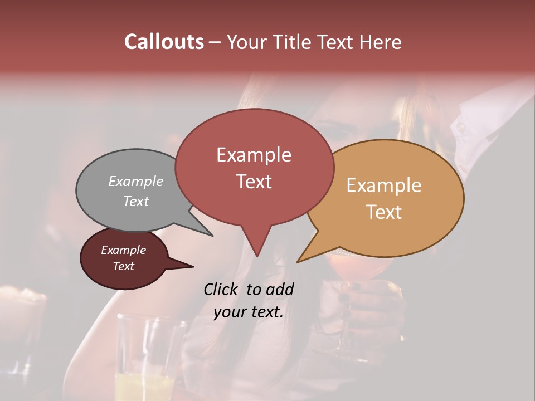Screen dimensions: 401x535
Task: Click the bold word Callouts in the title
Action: [164, 42]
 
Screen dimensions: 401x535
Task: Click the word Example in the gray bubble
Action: [136, 181]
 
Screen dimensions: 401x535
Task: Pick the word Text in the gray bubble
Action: [136, 201]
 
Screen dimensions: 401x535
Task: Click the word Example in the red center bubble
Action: [254, 155]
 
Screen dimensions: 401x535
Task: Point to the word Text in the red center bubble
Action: [254, 182]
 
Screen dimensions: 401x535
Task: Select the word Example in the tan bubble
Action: [384, 185]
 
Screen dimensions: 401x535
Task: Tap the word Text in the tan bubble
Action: [385, 212]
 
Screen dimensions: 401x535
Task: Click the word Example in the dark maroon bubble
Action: [124, 250]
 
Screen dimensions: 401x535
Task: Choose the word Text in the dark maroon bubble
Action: [124, 266]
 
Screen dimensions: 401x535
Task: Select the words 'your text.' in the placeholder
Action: [249, 312]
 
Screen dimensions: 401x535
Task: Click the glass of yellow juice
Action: [146, 362]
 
